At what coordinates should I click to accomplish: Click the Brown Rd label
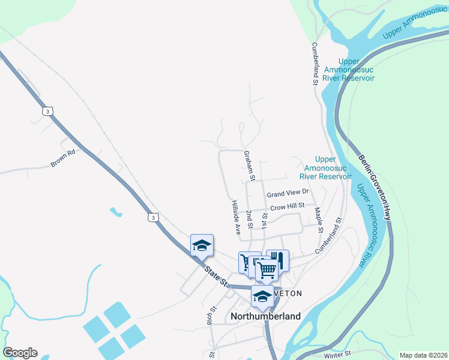62,158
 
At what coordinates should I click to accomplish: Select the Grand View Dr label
288,193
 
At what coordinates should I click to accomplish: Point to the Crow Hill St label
288,207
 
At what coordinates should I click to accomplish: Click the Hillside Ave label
236,217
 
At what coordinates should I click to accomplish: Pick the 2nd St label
250,220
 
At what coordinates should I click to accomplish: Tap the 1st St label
265,220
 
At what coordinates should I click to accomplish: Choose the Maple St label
319,220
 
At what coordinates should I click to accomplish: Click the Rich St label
212,315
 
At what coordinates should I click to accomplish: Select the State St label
215,275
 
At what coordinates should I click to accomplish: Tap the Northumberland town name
266,316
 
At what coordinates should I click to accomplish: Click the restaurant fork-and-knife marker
277,260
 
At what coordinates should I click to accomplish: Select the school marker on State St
202,245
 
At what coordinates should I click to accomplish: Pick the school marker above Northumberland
262,296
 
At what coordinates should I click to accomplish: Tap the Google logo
20,353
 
